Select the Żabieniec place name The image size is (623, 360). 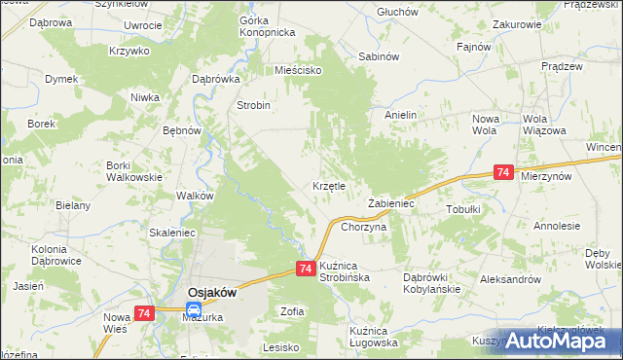pos(392,204)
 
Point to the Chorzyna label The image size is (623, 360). pos(364,226)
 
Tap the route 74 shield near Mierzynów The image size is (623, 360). pos(503,172)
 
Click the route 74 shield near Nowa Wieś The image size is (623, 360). pos(144,312)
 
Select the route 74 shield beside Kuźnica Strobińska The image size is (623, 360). pos(306,269)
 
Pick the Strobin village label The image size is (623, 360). pos(254,105)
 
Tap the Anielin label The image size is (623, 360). pos(400,115)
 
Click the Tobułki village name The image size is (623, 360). pos(463,208)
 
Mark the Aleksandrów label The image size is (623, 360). pos(510,279)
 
